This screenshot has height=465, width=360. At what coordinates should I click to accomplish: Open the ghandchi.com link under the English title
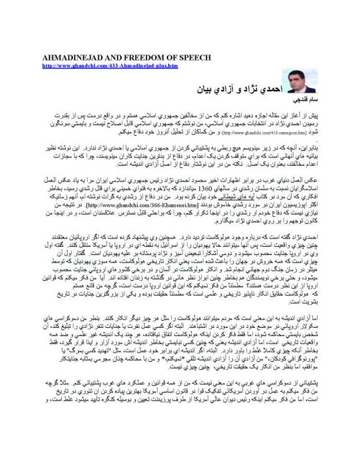click(110, 66)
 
